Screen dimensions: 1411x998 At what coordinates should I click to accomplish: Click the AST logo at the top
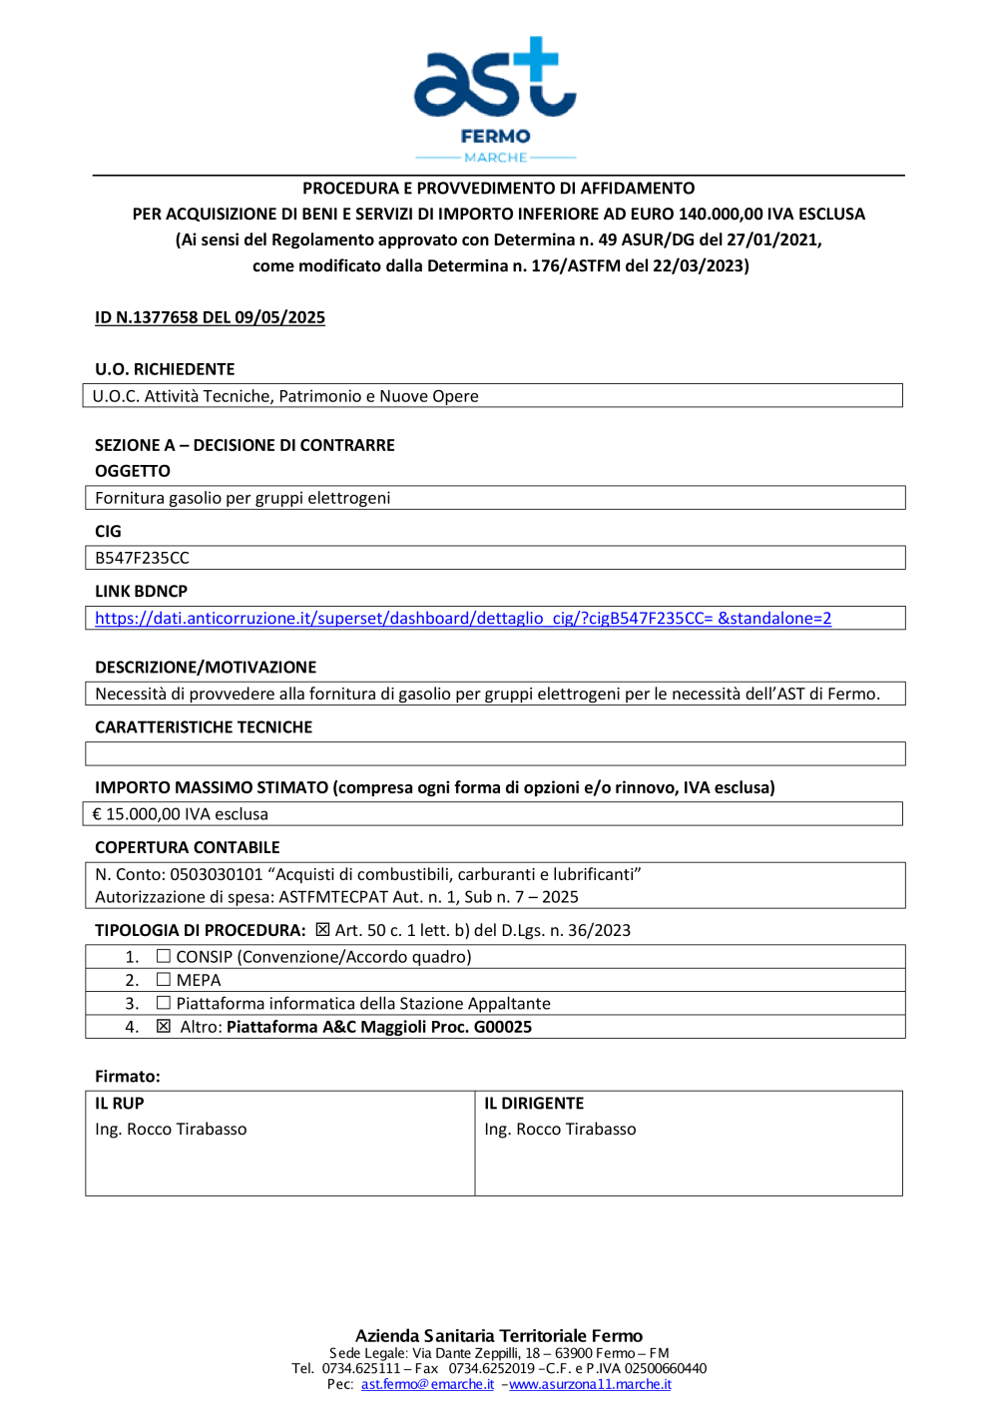tap(495, 80)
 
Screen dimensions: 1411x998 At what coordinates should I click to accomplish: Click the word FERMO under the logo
tap(495, 136)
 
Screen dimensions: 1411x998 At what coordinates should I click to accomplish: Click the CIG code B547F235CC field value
tap(142, 558)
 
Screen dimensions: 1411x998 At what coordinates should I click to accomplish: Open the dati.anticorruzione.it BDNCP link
tap(463, 619)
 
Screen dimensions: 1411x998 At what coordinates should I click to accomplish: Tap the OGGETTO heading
tap(133, 471)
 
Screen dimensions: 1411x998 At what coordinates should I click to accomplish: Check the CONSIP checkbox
tap(164, 956)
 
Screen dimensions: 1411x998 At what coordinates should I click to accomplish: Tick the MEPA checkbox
tap(164, 980)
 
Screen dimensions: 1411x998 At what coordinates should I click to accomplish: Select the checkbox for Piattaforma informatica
tap(164, 1003)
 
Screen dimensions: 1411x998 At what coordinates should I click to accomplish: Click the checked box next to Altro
tap(164, 1026)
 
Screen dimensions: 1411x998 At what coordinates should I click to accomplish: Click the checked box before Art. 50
tap(322, 930)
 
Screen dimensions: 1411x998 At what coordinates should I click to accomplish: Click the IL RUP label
tap(120, 1103)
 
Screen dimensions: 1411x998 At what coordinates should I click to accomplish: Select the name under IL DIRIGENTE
tap(560, 1130)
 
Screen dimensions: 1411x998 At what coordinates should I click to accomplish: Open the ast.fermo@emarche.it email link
tap(427, 1384)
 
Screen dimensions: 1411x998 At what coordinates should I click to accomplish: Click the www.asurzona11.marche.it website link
tap(590, 1384)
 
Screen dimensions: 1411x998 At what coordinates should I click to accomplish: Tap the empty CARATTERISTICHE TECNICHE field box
tap(495, 753)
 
